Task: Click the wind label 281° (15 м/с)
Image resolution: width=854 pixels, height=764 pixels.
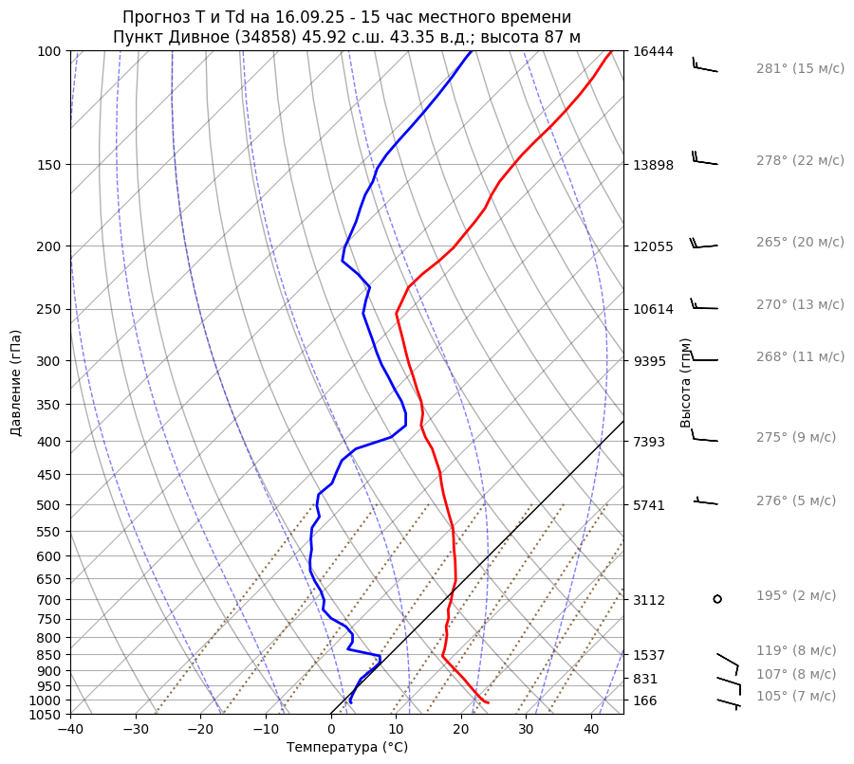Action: tap(799, 69)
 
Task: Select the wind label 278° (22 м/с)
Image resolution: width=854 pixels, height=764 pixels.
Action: tap(799, 161)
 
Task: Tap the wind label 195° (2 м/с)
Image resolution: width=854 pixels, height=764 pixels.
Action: tap(795, 596)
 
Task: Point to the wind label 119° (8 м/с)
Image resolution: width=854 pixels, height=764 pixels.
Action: tap(795, 651)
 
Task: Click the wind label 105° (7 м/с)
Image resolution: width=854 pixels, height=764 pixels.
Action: tap(795, 697)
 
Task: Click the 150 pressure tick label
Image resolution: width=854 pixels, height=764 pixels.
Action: tap(49, 165)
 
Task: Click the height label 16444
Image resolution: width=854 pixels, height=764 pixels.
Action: tap(653, 51)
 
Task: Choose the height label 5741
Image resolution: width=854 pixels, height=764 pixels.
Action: tap(649, 505)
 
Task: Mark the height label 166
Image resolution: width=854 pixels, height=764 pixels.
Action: tap(645, 700)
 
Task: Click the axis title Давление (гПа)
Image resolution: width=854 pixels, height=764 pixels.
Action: tap(16, 383)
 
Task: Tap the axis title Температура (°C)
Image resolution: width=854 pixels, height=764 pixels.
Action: tap(347, 748)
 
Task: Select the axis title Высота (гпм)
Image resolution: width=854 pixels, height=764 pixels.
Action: tap(686, 383)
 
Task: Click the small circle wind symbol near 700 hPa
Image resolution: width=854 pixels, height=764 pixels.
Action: tap(717, 598)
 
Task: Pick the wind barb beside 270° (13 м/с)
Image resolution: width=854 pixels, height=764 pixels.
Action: tap(703, 306)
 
